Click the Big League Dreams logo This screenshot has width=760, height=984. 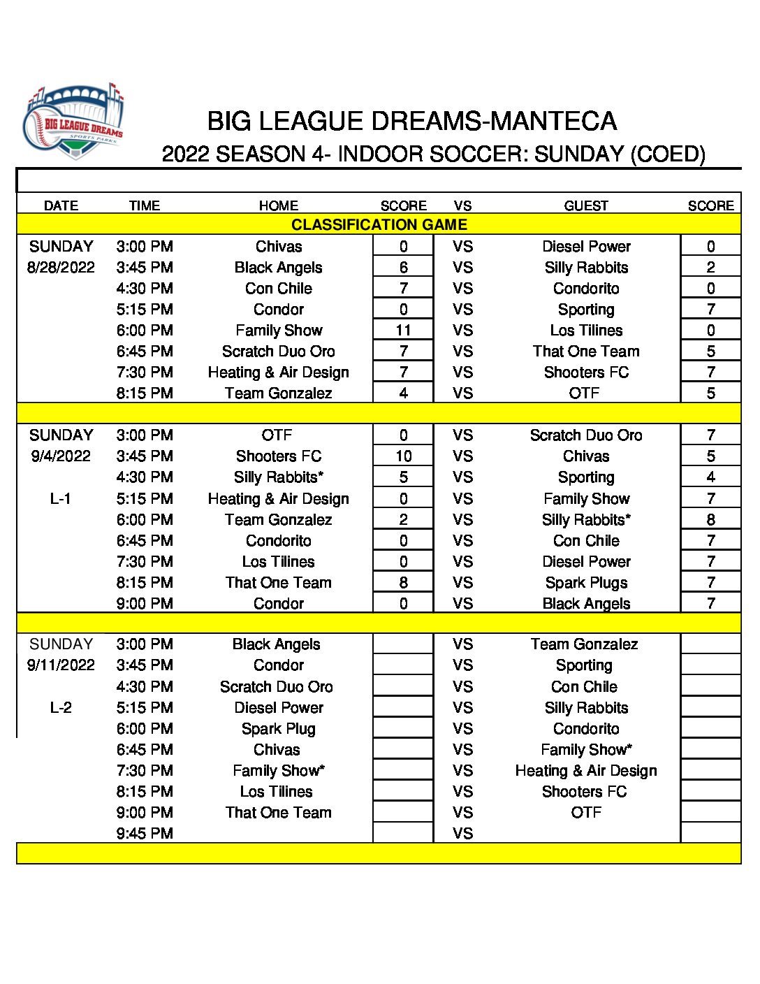coord(73,122)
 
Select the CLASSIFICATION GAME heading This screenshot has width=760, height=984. coord(379,225)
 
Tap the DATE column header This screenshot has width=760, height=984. coord(61,205)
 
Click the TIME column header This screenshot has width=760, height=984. coord(145,205)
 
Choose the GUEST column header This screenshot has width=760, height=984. coord(586,205)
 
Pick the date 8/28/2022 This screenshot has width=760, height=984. coord(61,268)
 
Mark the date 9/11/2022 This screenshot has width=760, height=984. coord(61,665)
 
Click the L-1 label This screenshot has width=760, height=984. coord(61,499)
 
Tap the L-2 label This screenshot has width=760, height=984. coord(61,708)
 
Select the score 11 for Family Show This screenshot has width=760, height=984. coord(403,331)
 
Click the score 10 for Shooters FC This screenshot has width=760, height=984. coord(403,456)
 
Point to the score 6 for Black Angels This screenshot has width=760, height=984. coord(403,268)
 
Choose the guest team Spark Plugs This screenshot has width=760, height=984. coord(586,583)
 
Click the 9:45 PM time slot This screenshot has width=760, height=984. coord(145,834)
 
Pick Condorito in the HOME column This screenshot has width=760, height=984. coord(279,541)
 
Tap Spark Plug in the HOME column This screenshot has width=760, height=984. coord(279,729)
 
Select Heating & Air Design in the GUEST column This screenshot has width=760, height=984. coord(586,771)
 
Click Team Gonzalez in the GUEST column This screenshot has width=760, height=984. coord(584,644)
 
